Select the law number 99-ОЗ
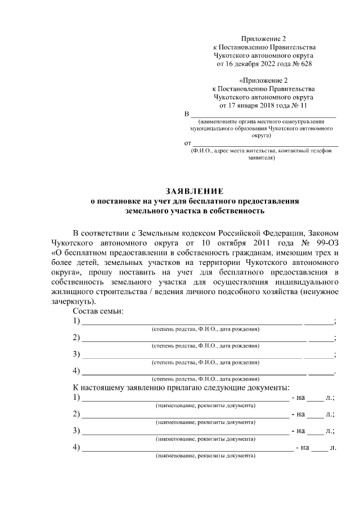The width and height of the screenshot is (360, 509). [x=323, y=242]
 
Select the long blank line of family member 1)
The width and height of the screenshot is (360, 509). [x=192, y=323]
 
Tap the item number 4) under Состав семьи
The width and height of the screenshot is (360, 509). [x=76, y=371]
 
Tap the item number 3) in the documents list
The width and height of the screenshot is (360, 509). [x=76, y=431]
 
